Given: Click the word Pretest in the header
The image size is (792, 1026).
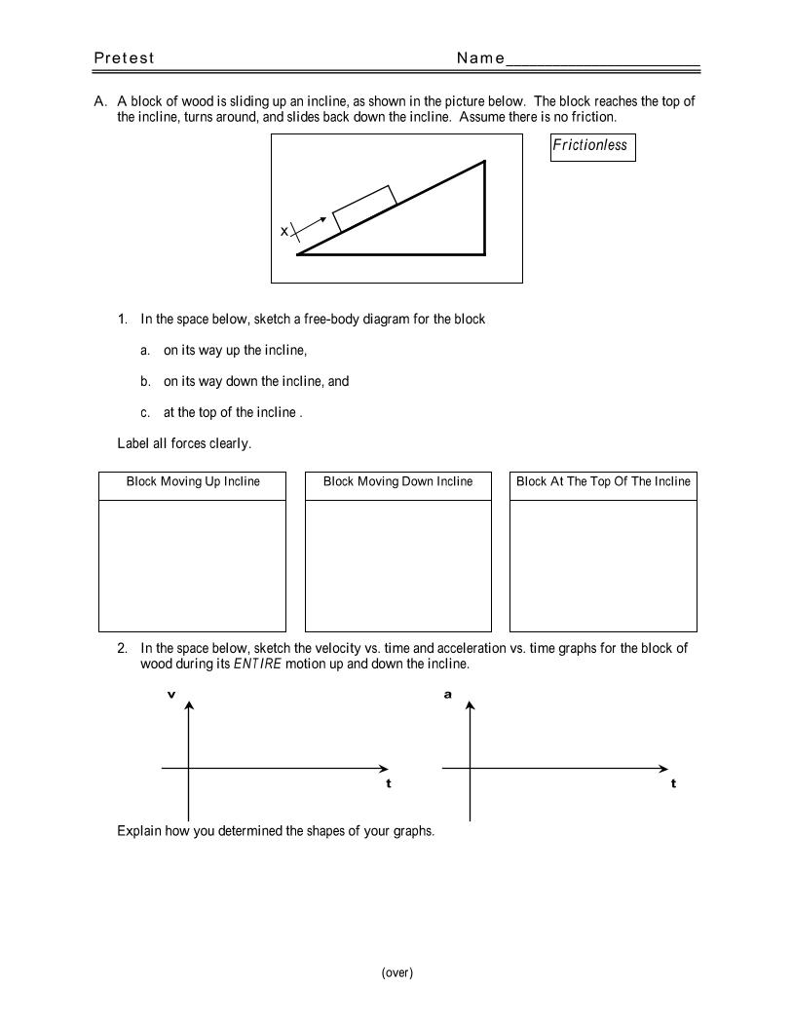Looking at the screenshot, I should point(124,58).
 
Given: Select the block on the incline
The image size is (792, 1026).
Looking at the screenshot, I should point(364,209).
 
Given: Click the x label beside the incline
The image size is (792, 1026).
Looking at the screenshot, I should point(284,232).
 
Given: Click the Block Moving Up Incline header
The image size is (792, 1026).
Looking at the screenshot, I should point(193,482).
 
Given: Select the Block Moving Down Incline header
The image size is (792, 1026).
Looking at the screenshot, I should point(397,482).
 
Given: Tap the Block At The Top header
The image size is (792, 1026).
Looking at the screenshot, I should point(603,482).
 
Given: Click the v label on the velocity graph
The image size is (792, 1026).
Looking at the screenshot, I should point(171,695).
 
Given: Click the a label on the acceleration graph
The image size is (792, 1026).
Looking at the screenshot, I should point(448,695).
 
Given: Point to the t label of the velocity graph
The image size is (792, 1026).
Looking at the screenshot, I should point(389,783).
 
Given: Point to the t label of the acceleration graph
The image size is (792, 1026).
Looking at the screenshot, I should point(673,783).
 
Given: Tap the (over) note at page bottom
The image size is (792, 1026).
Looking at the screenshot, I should point(397,972).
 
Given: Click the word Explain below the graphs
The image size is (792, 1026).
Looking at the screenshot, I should point(138,832).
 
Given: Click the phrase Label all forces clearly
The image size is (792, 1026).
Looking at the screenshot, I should point(184,444).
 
